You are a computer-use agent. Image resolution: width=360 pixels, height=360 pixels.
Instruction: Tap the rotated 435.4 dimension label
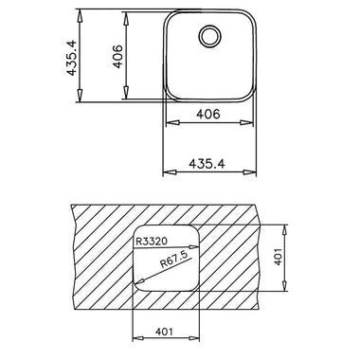tap(72, 58)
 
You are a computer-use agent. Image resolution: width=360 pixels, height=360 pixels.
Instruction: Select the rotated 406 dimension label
tap(117, 57)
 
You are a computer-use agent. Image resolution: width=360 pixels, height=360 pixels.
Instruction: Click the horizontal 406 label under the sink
tap(208, 114)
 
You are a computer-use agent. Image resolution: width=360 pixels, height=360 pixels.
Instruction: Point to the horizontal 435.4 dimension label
tap(207, 164)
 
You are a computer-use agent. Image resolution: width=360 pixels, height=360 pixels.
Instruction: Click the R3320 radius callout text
tap(152, 242)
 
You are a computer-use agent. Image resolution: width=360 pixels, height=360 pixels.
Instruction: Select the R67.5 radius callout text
tap(174, 260)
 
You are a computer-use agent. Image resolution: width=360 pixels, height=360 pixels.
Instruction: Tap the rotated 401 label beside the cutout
tap(278, 257)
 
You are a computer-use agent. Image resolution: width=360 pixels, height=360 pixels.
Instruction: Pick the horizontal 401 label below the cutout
tap(164, 332)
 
